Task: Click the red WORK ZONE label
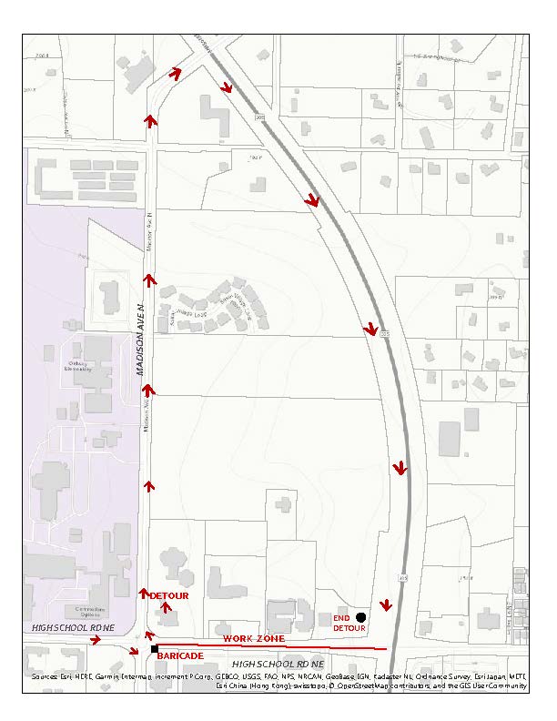point(254,638)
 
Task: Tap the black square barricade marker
point(155,648)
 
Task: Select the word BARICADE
point(180,655)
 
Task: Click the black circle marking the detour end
point(361,617)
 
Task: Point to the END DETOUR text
point(348,623)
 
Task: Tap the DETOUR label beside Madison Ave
point(169,595)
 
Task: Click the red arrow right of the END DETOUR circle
point(386,606)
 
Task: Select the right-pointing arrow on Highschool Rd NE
point(95,640)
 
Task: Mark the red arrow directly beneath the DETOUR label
point(165,607)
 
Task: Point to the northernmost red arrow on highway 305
point(227,87)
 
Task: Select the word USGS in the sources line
point(273,676)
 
